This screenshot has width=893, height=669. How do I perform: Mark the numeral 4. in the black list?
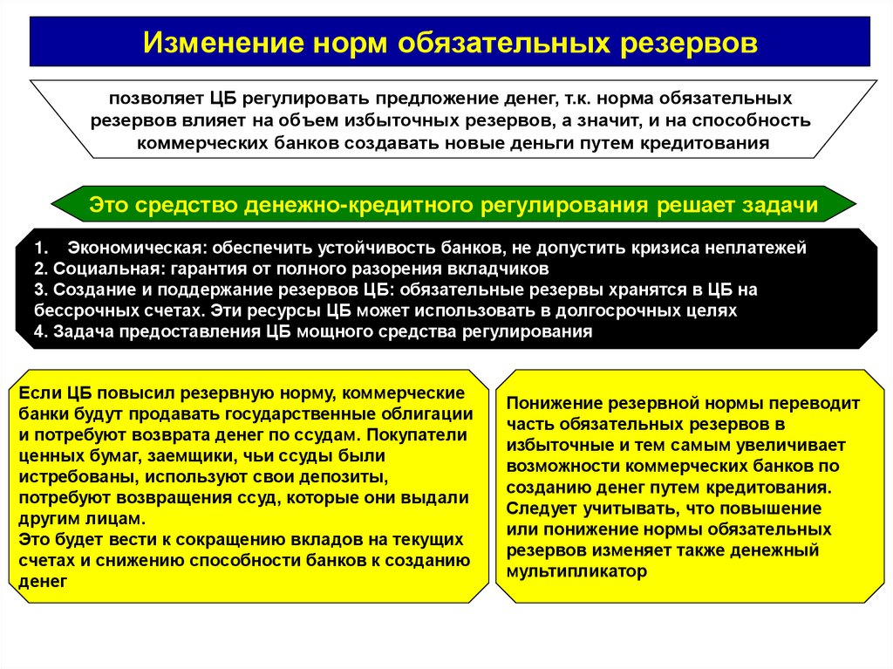click(40, 331)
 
